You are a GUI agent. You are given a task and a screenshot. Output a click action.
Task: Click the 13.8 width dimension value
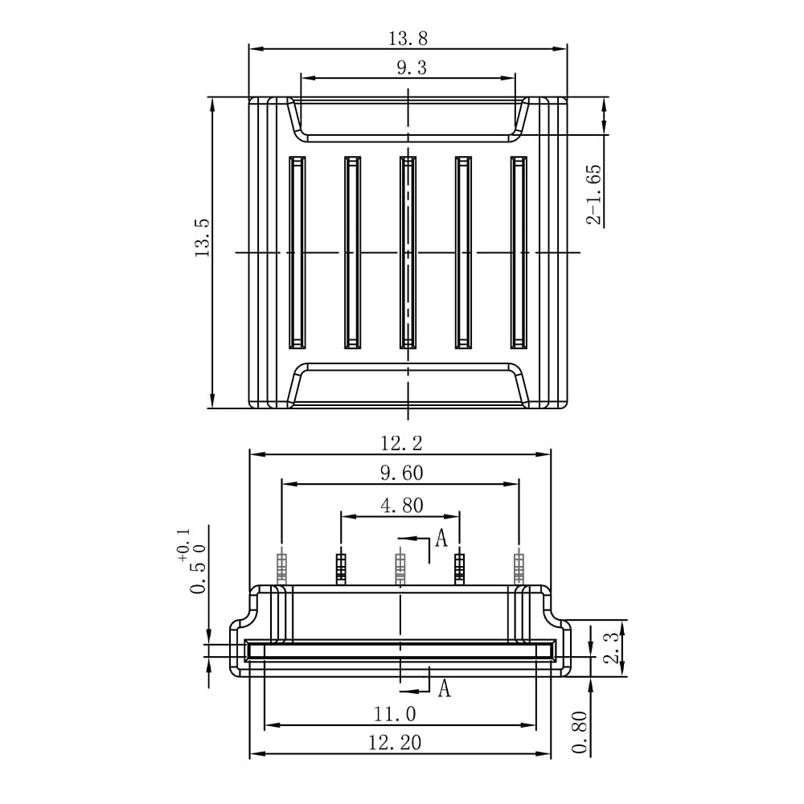(x=408, y=39)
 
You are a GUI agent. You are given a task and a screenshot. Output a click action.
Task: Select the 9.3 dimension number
(x=412, y=68)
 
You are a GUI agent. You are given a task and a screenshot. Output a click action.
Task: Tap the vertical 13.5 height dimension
(x=203, y=237)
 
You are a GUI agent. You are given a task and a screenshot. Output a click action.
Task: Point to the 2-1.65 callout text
(x=594, y=195)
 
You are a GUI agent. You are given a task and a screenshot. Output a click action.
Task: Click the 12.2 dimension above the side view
(x=401, y=443)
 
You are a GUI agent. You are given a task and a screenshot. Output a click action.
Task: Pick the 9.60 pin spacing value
(x=402, y=473)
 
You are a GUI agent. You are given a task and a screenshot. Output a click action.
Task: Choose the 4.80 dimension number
(x=402, y=506)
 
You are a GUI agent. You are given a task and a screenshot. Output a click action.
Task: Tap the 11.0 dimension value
(x=394, y=713)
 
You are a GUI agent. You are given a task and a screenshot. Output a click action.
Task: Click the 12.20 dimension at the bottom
(x=395, y=742)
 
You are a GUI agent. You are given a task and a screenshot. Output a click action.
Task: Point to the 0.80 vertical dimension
(x=580, y=732)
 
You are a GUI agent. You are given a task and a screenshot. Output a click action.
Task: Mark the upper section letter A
(x=441, y=538)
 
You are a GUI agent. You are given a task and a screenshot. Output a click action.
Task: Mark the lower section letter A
(x=444, y=688)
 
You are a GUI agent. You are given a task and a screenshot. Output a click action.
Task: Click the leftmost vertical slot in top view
(x=297, y=252)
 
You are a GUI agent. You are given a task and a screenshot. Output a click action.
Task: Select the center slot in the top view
(x=408, y=252)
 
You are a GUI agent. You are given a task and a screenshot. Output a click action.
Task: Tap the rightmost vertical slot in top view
(x=519, y=252)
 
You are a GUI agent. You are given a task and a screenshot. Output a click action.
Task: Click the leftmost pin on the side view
(x=281, y=568)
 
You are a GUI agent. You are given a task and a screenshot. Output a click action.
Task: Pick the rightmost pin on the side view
(x=519, y=568)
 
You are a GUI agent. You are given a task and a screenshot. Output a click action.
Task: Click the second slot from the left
(x=352, y=252)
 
